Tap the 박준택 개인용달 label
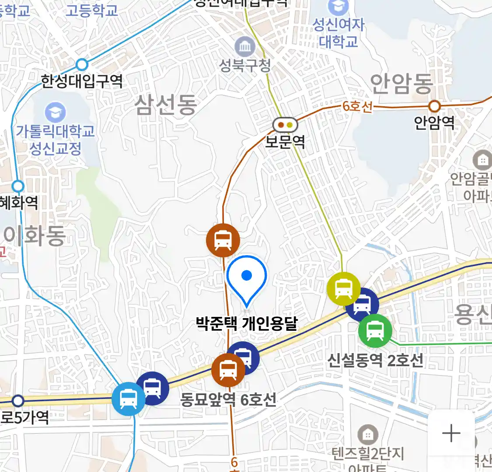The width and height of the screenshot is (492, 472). pyautogui.click(x=247, y=324)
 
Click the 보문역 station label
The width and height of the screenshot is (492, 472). pyautogui.click(x=285, y=142)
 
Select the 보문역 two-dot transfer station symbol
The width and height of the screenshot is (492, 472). pyautogui.click(x=285, y=125)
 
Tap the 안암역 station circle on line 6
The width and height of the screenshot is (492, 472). pyautogui.click(x=434, y=106)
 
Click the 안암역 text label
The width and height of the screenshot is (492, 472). pyautogui.click(x=434, y=123)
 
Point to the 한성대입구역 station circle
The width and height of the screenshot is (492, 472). pyautogui.click(x=82, y=65)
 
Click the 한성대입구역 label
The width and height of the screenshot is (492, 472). pyautogui.click(x=82, y=81)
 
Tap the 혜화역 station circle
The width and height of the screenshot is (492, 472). pyautogui.click(x=18, y=187)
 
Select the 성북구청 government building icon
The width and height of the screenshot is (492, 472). pyautogui.click(x=245, y=47)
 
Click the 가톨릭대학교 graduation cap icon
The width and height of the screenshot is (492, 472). pyautogui.click(x=56, y=112)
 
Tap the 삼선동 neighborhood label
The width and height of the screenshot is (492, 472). pyautogui.click(x=166, y=105)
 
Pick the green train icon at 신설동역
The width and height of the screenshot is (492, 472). pyautogui.click(x=375, y=330)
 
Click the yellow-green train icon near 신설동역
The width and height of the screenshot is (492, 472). pyautogui.click(x=343, y=288)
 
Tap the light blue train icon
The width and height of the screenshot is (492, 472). pyautogui.click(x=129, y=399)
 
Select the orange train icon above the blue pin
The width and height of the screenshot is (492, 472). pyautogui.click(x=223, y=240)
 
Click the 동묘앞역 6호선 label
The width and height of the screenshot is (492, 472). pyautogui.click(x=228, y=399)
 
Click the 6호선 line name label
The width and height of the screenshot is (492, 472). pyautogui.click(x=357, y=107)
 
